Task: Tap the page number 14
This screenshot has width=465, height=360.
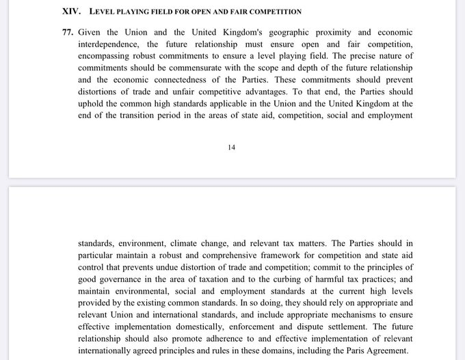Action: click(232, 146)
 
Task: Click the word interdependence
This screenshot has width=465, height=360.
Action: click(109, 45)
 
